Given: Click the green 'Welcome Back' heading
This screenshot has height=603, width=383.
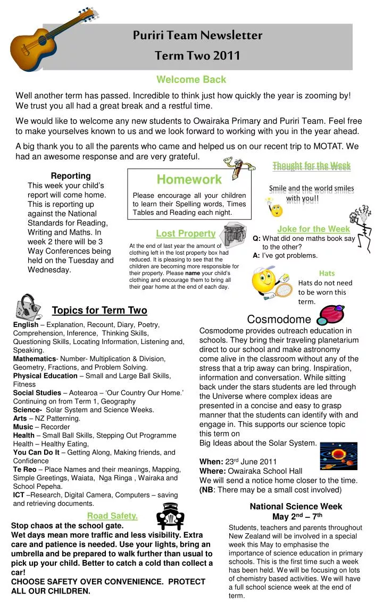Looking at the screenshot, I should pyautogui.click(x=191, y=80).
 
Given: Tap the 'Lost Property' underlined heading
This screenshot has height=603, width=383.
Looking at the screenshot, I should pyautogui.click(x=185, y=233).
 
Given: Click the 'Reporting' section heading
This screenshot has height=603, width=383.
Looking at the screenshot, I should pyautogui.click(x=71, y=175).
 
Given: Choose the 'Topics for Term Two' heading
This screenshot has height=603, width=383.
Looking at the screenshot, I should pyautogui.click(x=99, y=311).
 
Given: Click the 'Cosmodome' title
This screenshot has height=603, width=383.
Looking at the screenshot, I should pyautogui.click(x=279, y=320).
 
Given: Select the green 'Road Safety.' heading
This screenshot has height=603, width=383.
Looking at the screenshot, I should pyautogui.click(x=112, y=515).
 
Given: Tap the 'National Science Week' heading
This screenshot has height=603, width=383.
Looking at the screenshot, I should pyautogui.click(x=296, y=507).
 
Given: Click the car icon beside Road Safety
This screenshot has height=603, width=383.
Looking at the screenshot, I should pyautogui.click(x=170, y=517).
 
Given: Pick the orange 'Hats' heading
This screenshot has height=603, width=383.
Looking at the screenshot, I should pyautogui.click(x=327, y=273).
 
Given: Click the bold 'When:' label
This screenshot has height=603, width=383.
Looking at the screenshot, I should pyautogui.click(x=210, y=462).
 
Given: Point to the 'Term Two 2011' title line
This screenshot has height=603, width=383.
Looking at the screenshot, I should pyautogui.click(x=197, y=55).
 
